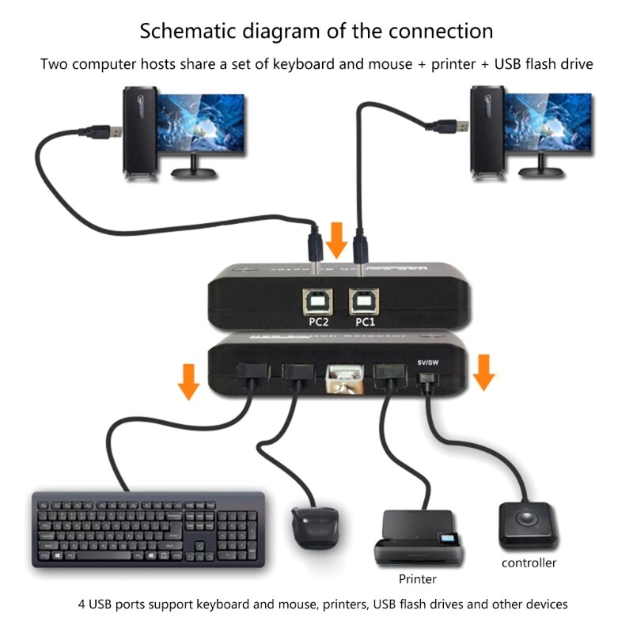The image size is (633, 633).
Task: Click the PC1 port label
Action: [x=366, y=323]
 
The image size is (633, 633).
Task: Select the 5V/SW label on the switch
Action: [x=427, y=362]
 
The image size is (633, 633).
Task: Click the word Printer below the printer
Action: [x=418, y=579]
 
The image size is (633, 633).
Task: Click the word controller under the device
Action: [x=529, y=563]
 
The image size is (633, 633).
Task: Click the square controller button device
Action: [x=528, y=523]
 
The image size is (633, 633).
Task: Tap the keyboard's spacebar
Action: [x=127, y=557]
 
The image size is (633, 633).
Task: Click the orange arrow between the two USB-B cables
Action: [x=338, y=239]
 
